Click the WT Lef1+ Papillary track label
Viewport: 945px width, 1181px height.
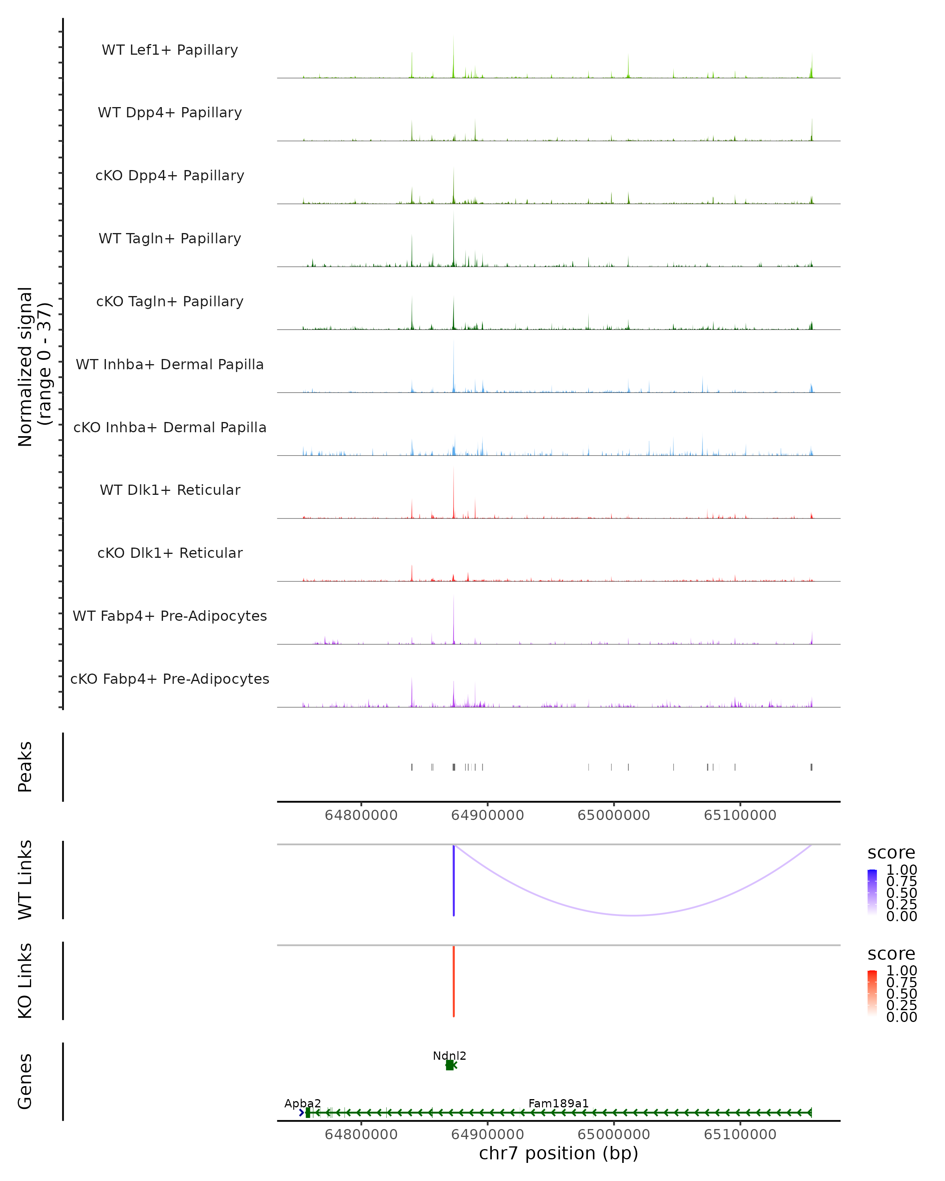[170, 50]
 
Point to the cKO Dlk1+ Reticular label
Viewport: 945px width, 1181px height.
[170, 553]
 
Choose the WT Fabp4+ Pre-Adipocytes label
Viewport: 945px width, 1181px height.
[170, 616]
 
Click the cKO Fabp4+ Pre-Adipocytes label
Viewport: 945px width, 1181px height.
[170, 679]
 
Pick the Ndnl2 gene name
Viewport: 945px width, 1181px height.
[449, 1055]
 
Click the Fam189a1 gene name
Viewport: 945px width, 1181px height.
[558, 1103]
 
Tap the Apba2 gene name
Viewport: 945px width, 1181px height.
[302, 1103]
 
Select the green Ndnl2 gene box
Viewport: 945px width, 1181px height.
[449, 1065]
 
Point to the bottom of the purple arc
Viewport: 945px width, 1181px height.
[633, 915]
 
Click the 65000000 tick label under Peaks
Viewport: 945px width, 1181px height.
[613, 815]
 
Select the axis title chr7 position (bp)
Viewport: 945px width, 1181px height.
[558, 1153]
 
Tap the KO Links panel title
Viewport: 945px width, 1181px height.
[25, 981]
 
